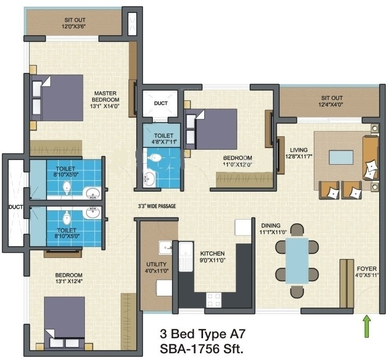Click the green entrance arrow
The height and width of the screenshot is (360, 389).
pyautogui.click(x=367, y=326)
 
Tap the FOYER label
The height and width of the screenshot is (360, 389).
pyautogui.click(x=367, y=269)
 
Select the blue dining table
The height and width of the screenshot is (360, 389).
pyautogui.click(x=297, y=261)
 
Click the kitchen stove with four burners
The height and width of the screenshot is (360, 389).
pyautogui.click(x=214, y=300)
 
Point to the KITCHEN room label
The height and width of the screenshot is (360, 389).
pyautogui.click(x=212, y=254)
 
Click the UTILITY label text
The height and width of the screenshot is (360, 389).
pyautogui.click(x=156, y=264)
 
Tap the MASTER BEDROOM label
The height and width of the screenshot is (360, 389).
pyautogui.click(x=106, y=96)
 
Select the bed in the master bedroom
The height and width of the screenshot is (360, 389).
pyautogui.click(x=57, y=98)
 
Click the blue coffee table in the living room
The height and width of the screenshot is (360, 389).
pyautogui.click(x=341, y=157)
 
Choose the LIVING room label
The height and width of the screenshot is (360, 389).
pyautogui.click(x=299, y=150)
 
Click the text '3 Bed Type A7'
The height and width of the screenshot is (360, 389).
pyautogui.click(x=203, y=334)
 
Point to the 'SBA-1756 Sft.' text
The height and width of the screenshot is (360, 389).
pyautogui.click(x=201, y=349)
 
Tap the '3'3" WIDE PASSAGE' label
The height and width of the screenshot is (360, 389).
pyautogui.click(x=157, y=206)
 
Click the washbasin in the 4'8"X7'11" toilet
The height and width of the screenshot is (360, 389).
pyautogui.click(x=149, y=179)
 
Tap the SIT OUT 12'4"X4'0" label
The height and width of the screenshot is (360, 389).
pyautogui.click(x=330, y=101)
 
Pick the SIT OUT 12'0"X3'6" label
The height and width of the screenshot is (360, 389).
pyautogui.click(x=75, y=23)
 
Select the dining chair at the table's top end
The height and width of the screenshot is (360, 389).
pyautogui.click(x=297, y=230)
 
